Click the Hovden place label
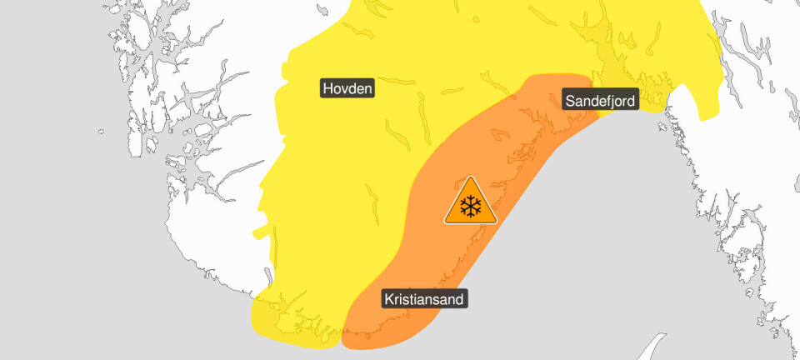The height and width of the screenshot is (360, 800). pyautogui.click(x=348, y=87)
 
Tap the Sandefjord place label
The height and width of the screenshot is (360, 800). pyautogui.click(x=600, y=101)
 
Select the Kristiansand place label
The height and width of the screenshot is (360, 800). pyautogui.click(x=425, y=298)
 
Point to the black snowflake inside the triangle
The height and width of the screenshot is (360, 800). pyautogui.click(x=471, y=207)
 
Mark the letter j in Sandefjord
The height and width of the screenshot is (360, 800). pyautogui.click(x=612, y=102)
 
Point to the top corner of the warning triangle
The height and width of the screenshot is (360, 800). pyautogui.click(x=471, y=178)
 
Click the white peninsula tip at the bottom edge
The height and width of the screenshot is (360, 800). pyautogui.click(x=657, y=341)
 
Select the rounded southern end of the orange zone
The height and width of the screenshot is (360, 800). pyautogui.click(x=367, y=337)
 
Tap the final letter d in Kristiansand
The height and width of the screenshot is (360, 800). pyautogui.click(x=459, y=298)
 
